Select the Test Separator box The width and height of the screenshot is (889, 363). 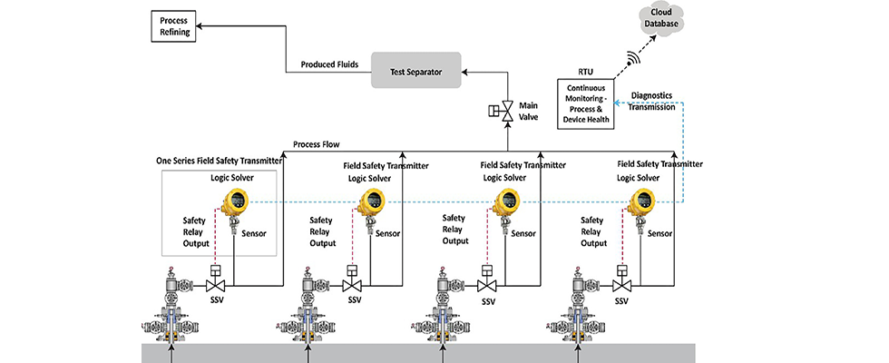(416, 70)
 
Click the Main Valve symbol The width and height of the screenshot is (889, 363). (508, 112)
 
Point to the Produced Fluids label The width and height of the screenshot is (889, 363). (330, 65)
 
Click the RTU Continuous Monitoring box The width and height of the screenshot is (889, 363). (586, 103)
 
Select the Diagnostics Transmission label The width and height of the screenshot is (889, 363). (651, 103)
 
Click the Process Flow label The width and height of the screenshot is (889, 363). (317, 144)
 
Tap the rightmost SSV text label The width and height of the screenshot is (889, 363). (622, 300)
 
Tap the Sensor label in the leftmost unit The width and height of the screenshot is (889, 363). (256, 233)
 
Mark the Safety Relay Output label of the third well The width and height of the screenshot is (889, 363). (455, 230)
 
